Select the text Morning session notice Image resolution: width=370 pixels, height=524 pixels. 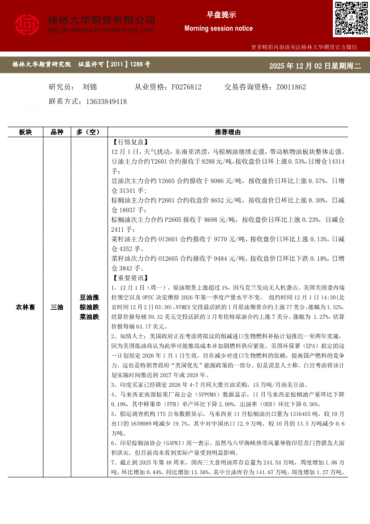[x=219, y=28]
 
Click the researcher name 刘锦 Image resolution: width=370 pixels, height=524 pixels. [x=90, y=87]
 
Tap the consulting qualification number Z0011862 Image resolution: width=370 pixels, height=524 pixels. [x=291, y=87]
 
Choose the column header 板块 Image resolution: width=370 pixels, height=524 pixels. [x=25, y=132]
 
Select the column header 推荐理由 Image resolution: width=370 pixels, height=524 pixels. [x=228, y=132]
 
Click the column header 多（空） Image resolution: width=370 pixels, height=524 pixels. [x=90, y=132]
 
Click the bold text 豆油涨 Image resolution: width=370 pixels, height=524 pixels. [x=90, y=297]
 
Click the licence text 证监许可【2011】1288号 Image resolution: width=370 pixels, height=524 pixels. [x=114, y=65]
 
